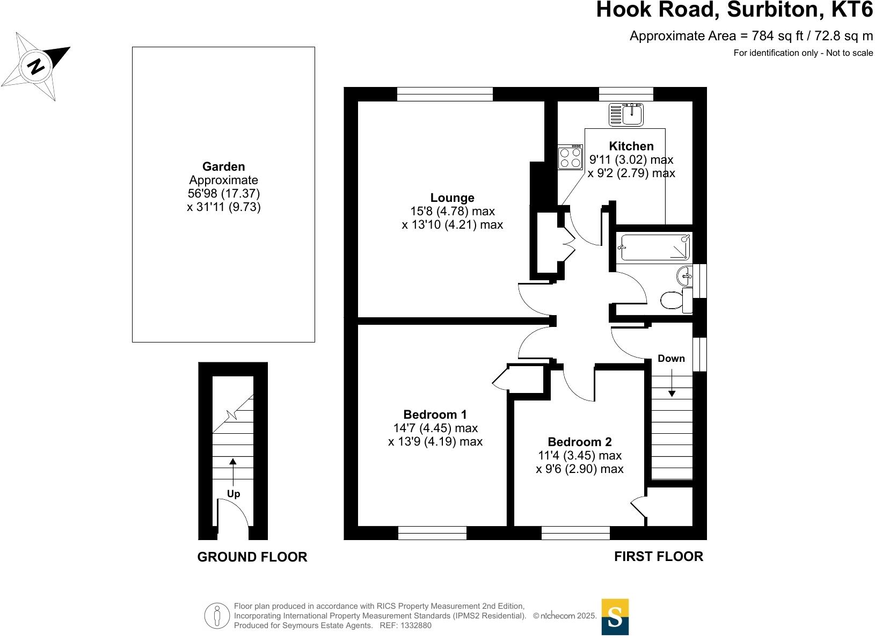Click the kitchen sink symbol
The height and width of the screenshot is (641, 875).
point(626,114)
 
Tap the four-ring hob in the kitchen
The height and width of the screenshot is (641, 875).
point(571,157)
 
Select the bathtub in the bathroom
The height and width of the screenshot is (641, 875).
point(653,247)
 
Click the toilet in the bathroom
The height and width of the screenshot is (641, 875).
point(673,300)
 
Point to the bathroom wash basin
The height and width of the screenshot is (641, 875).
point(686,276)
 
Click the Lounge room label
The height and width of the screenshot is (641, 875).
point(452,198)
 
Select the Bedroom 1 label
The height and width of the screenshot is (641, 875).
point(435,414)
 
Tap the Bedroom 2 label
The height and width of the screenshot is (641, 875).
point(579,442)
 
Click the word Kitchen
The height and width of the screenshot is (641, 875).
point(631,146)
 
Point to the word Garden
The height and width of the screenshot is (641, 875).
point(223,166)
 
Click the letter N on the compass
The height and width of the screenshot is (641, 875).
point(37,67)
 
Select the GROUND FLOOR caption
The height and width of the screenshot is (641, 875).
point(252,557)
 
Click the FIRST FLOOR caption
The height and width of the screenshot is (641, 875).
point(658,557)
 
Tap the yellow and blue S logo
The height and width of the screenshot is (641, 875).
point(615,617)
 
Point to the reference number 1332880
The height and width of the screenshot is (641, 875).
point(413,625)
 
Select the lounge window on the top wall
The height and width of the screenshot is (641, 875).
point(444,94)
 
